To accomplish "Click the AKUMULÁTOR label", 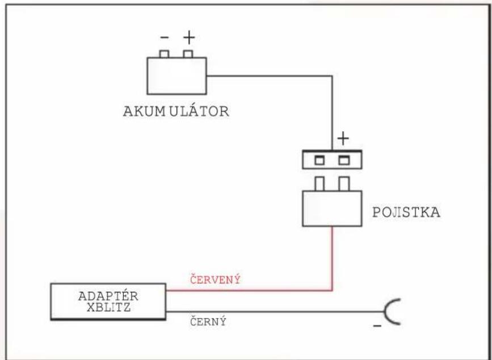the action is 176,111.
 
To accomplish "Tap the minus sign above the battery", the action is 165,37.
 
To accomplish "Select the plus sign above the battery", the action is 189,37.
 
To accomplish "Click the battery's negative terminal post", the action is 165,54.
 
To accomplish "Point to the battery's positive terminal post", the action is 188,54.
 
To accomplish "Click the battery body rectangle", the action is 176,76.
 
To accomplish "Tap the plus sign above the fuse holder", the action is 343,139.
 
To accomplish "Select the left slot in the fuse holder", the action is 319,160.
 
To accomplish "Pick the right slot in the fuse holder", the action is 344,160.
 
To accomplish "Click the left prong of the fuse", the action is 319,183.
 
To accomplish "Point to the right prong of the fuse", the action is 344,183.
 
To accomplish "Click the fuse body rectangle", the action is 332,208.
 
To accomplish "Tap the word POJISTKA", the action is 406,212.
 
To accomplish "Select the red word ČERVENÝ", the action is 215,279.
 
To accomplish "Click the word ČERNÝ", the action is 208,322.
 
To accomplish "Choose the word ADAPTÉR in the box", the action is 108,296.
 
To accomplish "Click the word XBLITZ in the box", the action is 108,307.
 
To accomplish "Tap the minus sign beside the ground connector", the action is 377,326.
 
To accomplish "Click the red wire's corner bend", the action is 332,291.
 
